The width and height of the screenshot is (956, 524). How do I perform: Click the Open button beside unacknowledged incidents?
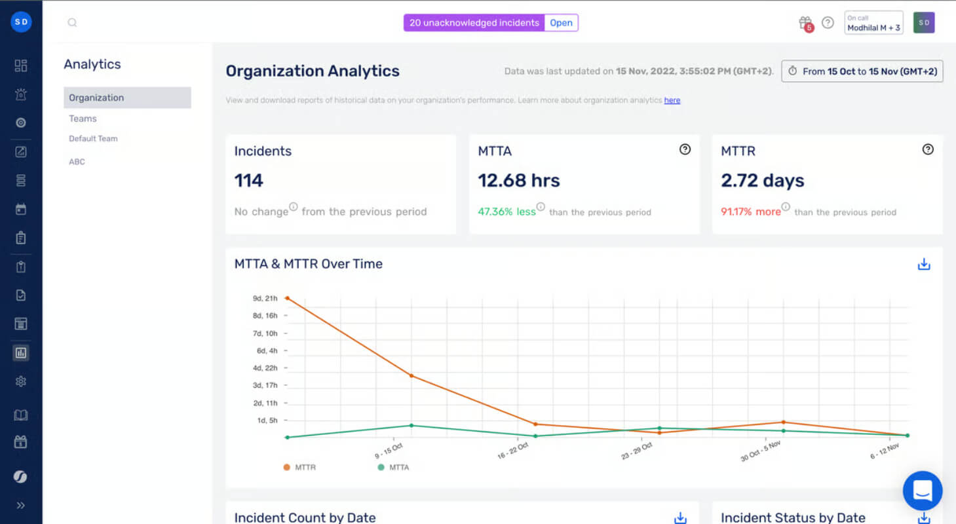pos(561,23)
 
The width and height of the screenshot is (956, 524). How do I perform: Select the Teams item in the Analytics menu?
pos(83,119)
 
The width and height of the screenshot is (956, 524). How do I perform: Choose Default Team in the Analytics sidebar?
pos(93,138)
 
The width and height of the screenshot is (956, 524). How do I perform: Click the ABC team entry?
pos(77,162)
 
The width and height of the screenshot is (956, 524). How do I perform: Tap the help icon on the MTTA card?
pos(685,149)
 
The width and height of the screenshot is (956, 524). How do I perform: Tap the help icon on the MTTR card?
pos(927,149)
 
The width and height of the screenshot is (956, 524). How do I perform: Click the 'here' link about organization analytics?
pos(672,100)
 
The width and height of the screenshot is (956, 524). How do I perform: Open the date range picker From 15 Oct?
pos(862,71)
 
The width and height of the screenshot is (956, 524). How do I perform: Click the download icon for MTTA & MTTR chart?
pos(923,264)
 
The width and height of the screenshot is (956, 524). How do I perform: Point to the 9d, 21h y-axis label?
pos(265,298)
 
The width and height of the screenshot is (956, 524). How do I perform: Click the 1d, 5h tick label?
pos(267,421)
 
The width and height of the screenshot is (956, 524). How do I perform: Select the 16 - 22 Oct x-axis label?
pos(512,451)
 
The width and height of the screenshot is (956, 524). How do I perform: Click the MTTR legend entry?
pos(299,467)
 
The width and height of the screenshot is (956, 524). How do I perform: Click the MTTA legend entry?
pos(393,467)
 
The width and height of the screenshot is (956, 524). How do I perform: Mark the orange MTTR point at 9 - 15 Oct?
pos(411,376)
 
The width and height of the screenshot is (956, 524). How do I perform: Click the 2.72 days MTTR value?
pos(762,181)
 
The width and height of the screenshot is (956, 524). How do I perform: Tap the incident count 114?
pos(249,181)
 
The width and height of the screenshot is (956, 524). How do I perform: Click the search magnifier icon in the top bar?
pos(72,22)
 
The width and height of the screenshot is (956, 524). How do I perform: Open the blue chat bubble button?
pos(923,491)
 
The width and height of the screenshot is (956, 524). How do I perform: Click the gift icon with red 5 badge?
pos(806,24)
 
